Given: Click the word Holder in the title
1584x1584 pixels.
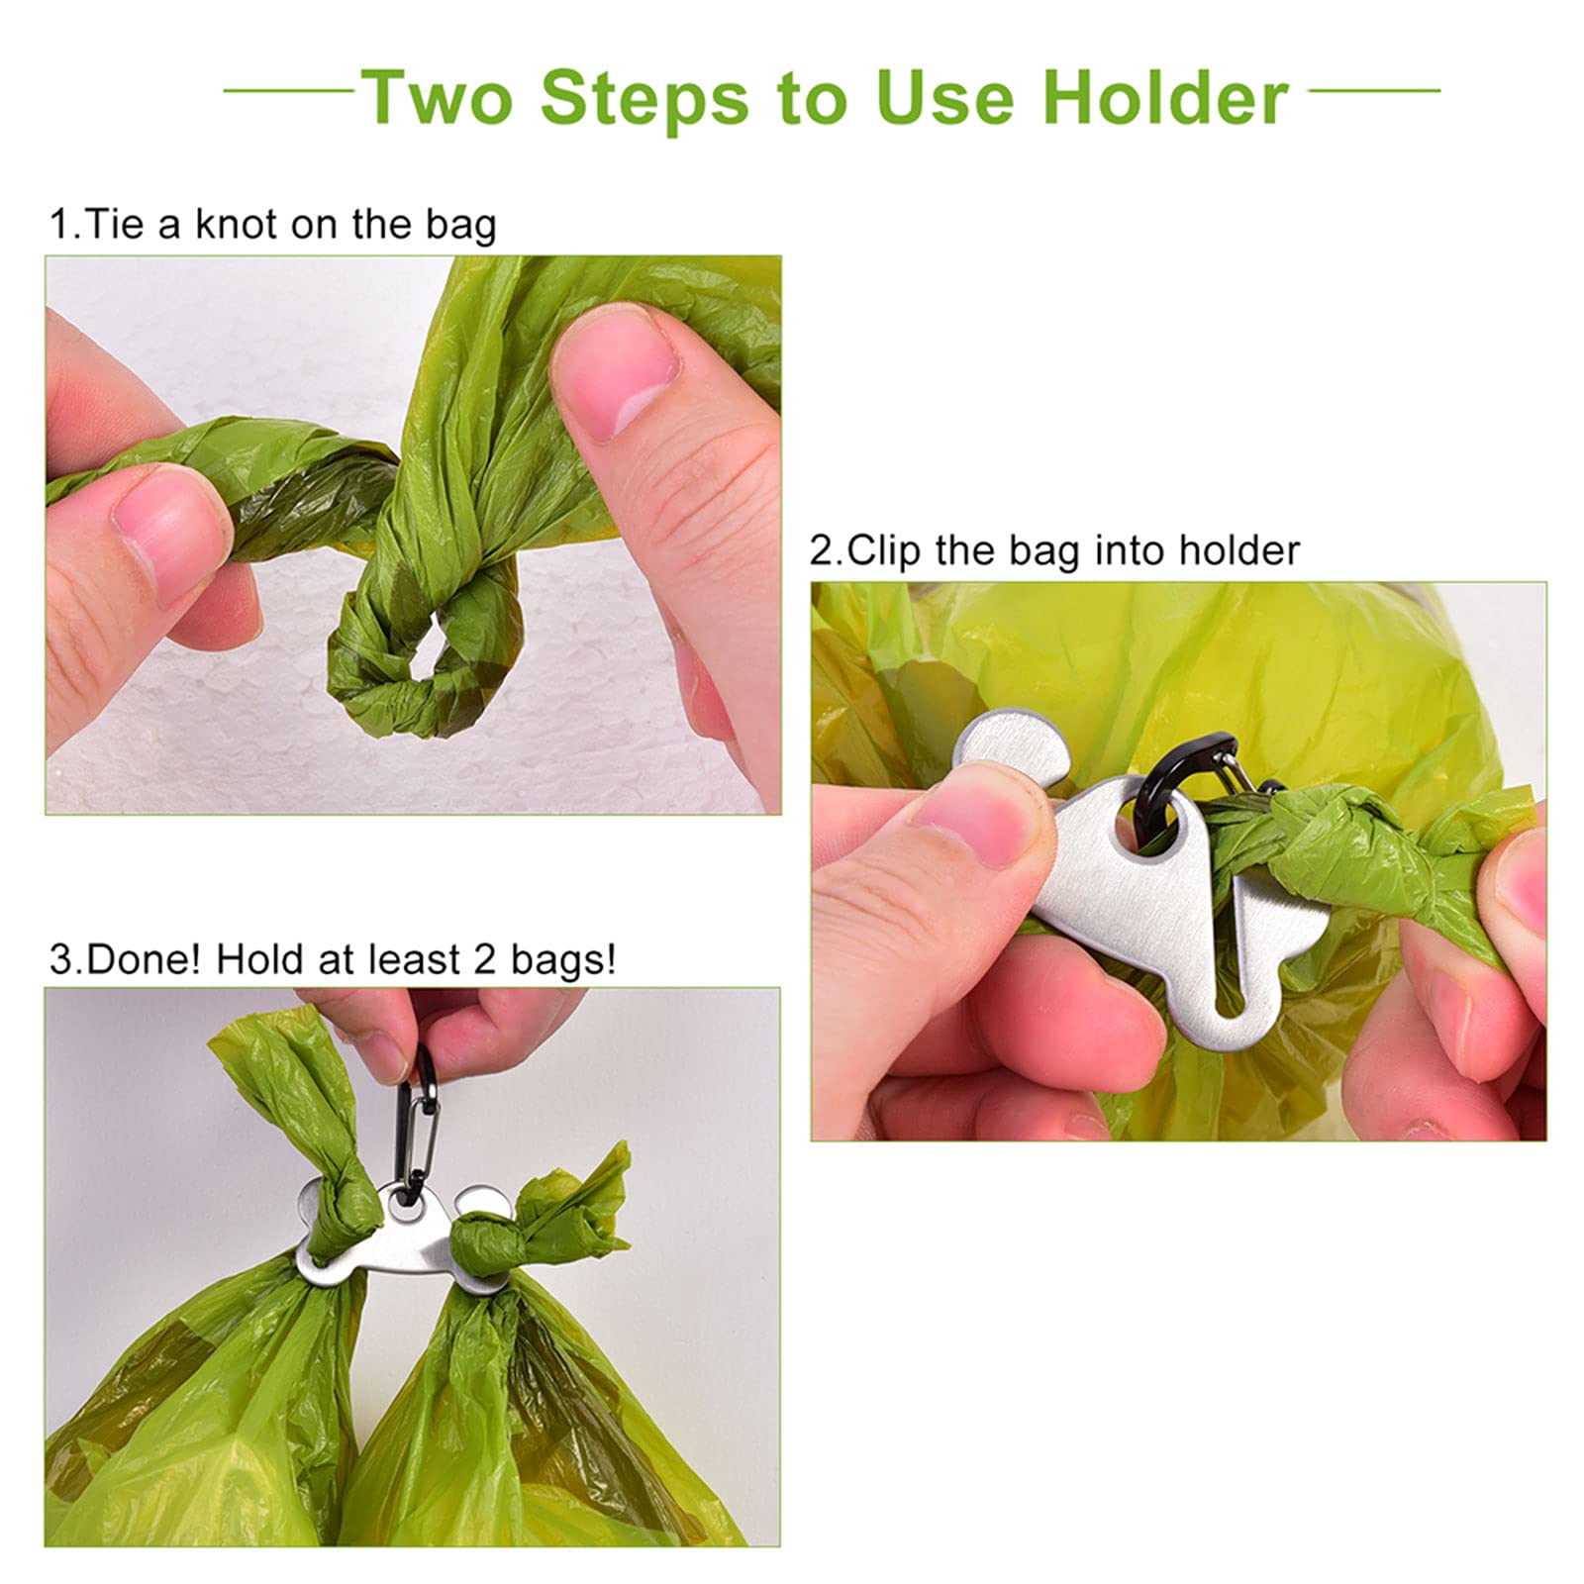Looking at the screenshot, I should (1164, 97).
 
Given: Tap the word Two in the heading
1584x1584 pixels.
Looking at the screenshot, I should (437, 97).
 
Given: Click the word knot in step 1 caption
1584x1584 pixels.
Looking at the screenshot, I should (236, 225).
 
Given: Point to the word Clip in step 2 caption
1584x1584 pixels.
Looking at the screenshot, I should (883, 551).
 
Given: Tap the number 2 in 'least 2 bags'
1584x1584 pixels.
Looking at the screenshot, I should (484, 959).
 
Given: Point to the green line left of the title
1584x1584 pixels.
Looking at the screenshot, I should (288, 91).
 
